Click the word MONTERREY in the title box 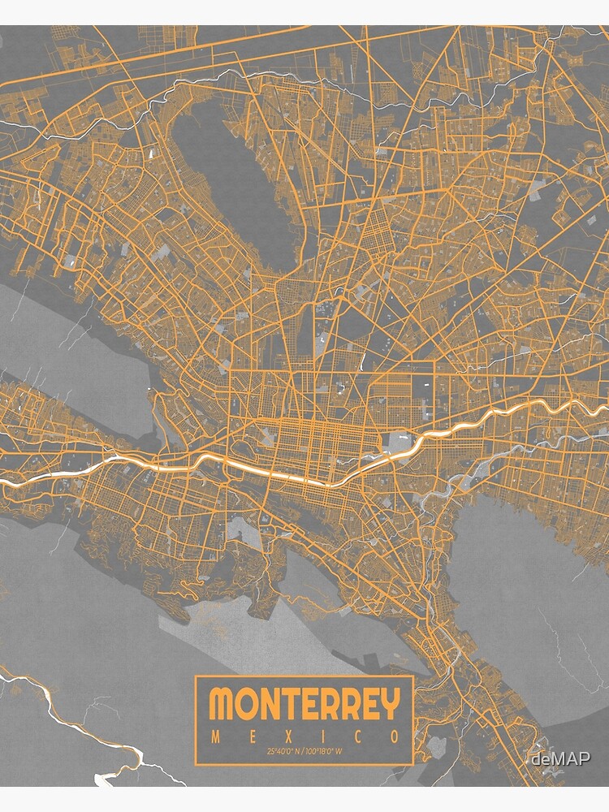(x=304, y=704)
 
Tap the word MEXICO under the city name (x=304, y=737)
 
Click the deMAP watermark (x=560, y=758)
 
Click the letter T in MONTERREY (x=290, y=704)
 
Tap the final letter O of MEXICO (x=395, y=737)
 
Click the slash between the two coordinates (x=304, y=751)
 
